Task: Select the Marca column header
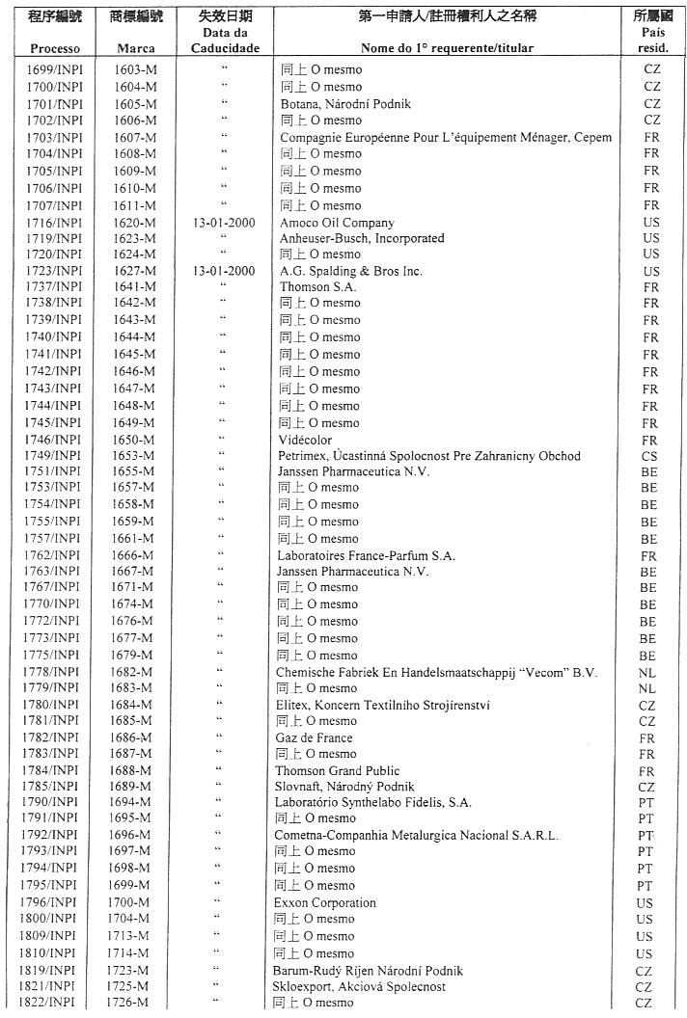135,48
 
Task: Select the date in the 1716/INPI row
224,223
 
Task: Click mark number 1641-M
135,286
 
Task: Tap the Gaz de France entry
315,737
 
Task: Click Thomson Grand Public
332,771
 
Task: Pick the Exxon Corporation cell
324,902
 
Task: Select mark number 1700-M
135,902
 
